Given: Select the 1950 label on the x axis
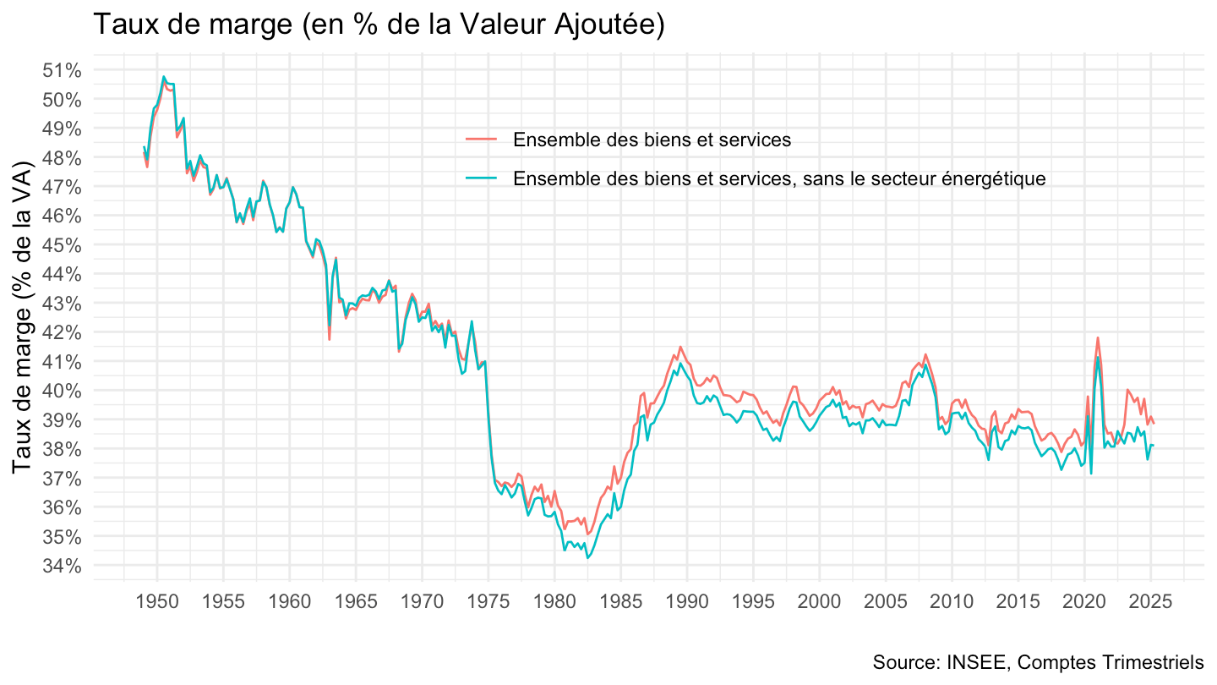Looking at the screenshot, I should click(x=157, y=602).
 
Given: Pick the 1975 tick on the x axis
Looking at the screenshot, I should click(x=488, y=602).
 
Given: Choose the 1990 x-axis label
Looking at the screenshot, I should click(x=687, y=602).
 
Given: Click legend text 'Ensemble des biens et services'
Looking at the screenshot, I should click(x=652, y=140).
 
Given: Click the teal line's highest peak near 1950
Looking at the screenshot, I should click(x=164, y=77).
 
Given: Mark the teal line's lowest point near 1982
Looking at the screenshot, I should click(x=587, y=557).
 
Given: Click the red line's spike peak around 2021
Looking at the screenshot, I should click(x=1098, y=337).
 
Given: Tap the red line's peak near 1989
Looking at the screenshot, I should click(x=681, y=347).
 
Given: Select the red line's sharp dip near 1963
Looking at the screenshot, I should click(x=329, y=339).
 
